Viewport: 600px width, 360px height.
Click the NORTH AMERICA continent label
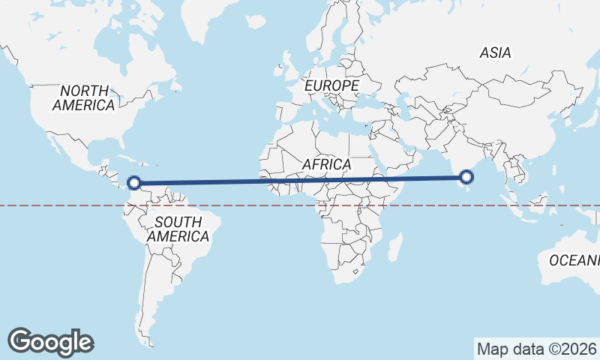83,97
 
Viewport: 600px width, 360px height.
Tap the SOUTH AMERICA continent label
178,229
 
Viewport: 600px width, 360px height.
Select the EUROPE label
331,86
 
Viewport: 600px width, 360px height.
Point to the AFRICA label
327,163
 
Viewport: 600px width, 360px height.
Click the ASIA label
495,52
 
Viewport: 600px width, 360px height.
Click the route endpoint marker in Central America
134,182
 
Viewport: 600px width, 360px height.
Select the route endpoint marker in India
466,177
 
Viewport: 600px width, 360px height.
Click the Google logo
51,341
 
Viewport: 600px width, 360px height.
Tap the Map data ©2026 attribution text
536,349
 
